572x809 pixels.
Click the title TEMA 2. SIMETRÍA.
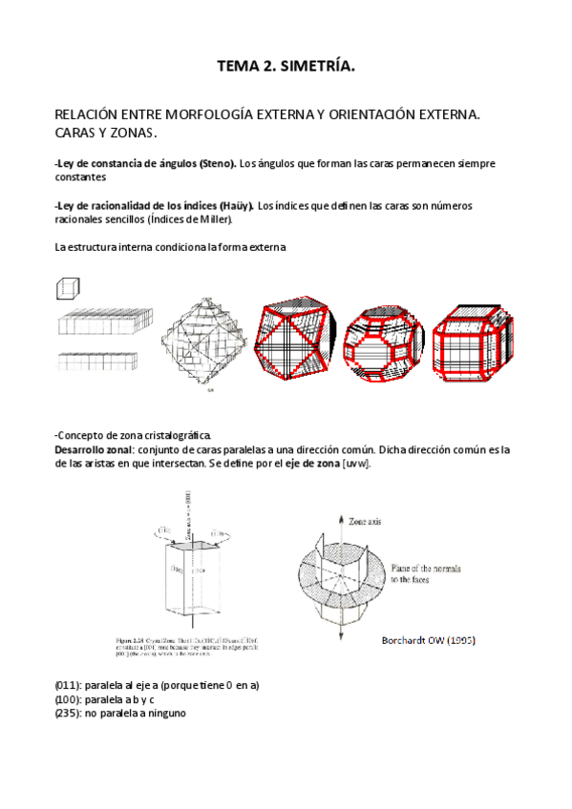tap(286, 66)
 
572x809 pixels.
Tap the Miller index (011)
tap(70, 685)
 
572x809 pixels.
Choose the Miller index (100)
tap(70, 699)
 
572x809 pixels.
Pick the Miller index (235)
tap(70, 713)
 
